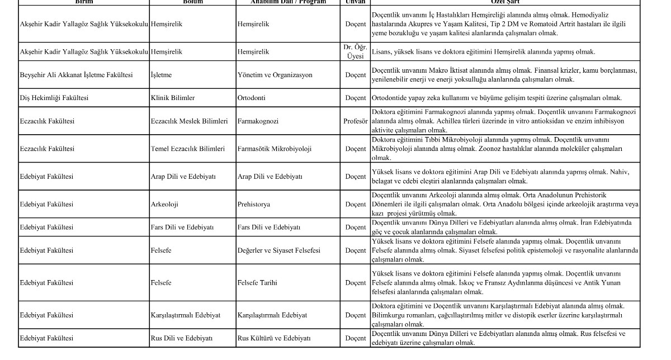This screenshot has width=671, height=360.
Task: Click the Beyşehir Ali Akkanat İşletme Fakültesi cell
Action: tap(76, 75)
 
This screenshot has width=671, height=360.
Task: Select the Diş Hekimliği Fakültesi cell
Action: tap(54, 98)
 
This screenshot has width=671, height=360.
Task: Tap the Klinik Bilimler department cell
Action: tap(173, 98)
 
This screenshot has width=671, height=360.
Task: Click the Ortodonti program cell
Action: tap(253, 98)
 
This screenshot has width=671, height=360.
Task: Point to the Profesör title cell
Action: tap(355, 121)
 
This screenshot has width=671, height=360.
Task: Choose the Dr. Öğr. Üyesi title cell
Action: tap(355, 51)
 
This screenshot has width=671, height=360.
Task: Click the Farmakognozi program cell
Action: tap(258, 121)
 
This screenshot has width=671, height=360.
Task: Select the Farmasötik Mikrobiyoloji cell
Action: tap(275, 149)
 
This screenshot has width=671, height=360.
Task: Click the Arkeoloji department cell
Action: tap(164, 204)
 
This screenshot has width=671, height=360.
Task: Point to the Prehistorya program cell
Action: tap(253, 204)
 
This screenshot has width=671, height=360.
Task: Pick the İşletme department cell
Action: tap(161, 75)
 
